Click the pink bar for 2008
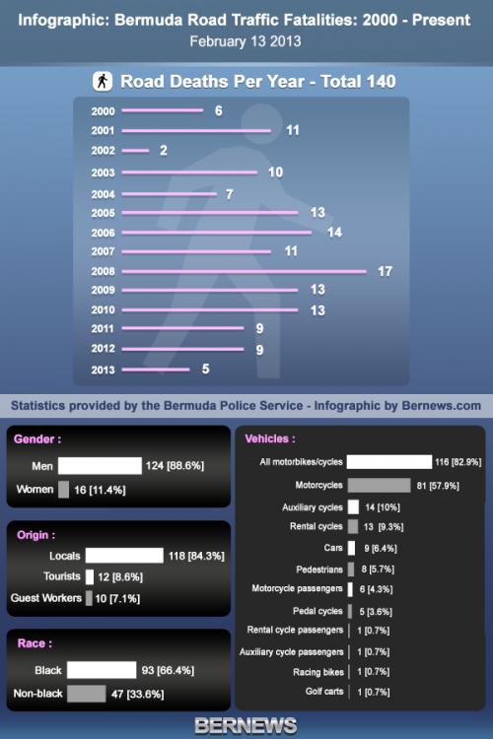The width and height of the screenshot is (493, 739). click(244, 272)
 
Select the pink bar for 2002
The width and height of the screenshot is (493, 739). click(135, 151)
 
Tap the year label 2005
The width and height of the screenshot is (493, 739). click(103, 213)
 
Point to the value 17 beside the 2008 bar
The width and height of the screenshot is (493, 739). click(385, 272)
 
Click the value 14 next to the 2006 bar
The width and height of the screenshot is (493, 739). click(334, 233)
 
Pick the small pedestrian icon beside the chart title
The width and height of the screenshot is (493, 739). click(103, 81)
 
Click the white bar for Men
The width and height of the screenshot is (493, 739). click(100, 466)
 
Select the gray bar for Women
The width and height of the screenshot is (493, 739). click(63, 490)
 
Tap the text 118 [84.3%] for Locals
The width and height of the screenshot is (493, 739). click(196, 556)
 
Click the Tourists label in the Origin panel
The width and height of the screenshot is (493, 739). click(62, 576)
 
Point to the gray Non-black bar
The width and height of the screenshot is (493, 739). click(87, 694)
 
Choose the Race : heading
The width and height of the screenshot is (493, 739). click(35, 643)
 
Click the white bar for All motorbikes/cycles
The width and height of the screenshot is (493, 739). click(389, 462)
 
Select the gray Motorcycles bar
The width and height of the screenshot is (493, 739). click(379, 486)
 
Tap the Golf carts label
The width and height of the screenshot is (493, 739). click(324, 692)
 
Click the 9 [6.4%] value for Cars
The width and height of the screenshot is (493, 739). click(381, 548)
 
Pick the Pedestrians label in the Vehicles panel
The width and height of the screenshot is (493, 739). click(319, 570)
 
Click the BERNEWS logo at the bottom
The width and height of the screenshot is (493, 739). click(246, 726)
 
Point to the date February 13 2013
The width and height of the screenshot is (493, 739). click(246, 41)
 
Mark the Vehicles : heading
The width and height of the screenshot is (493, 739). click(270, 438)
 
